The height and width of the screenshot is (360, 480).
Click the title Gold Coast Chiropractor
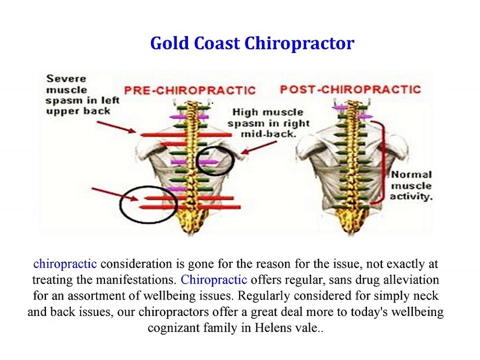pos(252,43)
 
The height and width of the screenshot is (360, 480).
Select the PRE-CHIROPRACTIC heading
pos(190,90)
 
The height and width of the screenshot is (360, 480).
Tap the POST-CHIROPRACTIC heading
pos(350,89)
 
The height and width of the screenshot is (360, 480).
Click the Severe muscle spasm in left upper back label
pos(82,95)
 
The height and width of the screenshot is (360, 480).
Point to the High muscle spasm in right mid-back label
pos(268,123)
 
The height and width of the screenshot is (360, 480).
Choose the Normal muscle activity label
pos(411,185)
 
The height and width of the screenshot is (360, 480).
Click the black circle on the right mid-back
pos(215,160)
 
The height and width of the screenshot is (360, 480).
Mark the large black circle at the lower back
pos(148,204)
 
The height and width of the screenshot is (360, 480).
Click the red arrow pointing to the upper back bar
pos(116,127)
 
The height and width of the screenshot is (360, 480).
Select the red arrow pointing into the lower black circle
pos(115,194)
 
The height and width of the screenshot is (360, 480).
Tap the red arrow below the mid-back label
pos(258,147)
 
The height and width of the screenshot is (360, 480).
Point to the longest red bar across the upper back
pos(186,134)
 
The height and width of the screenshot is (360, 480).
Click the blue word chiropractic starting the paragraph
pos(65,264)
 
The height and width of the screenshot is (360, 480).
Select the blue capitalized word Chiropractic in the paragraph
pos(213,280)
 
